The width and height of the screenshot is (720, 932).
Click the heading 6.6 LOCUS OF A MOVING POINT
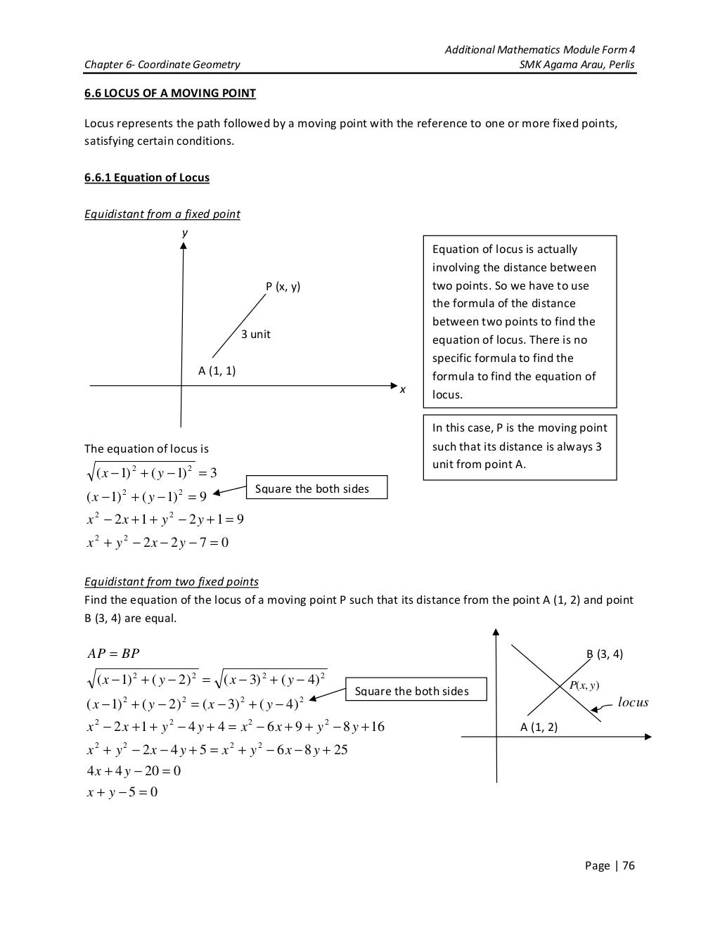[x=170, y=93]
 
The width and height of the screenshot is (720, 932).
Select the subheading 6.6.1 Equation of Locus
[x=147, y=177]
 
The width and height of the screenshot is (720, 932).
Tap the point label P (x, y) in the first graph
[x=283, y=287]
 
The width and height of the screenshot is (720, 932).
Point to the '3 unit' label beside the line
[x=256, y=334]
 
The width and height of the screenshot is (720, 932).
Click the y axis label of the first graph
[x=184, y=232]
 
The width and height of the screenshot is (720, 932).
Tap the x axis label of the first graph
[x=402, y=390]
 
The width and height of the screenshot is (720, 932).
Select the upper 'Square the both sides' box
[x=316, y=488]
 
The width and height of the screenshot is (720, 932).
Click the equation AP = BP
[x=112, y=654]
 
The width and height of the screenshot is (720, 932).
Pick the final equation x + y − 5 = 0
[x=122, y=792]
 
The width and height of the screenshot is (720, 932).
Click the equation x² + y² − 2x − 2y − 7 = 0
[x=157, y=542]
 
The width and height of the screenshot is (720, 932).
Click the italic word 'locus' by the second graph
[x=633, y=702]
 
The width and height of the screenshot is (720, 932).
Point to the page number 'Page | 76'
[x=610, y=865]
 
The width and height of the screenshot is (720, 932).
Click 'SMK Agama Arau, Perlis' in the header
[x=576, y=65]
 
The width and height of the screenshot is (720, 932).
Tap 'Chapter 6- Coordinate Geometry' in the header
[x=162, y=65]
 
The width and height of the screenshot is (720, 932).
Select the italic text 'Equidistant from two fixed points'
[x=172, y=581]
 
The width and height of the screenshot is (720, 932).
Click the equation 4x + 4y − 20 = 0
[x=134, y=770]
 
